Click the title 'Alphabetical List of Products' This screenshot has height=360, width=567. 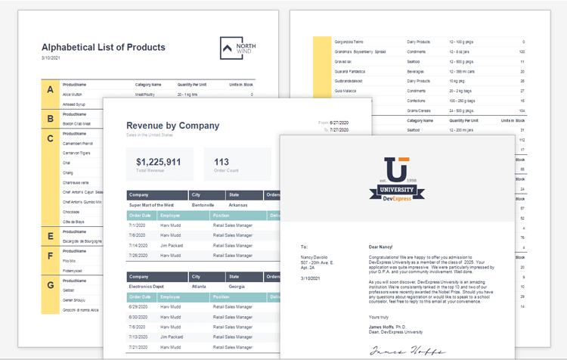point(103,47)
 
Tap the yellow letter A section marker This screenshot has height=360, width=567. point(50,90)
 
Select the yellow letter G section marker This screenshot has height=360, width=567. point(50,286)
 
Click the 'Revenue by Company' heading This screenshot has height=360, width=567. point(172,126)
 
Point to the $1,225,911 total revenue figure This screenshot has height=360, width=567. point(158,162)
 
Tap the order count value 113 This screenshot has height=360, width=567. point(222,162)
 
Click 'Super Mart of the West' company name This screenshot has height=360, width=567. point(151,205)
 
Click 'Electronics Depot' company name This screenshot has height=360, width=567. point(147,287)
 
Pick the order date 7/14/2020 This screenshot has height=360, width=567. point(138,245)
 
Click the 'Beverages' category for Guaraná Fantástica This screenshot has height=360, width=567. point(418,71)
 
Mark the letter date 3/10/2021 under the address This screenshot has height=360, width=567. point(311,278)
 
